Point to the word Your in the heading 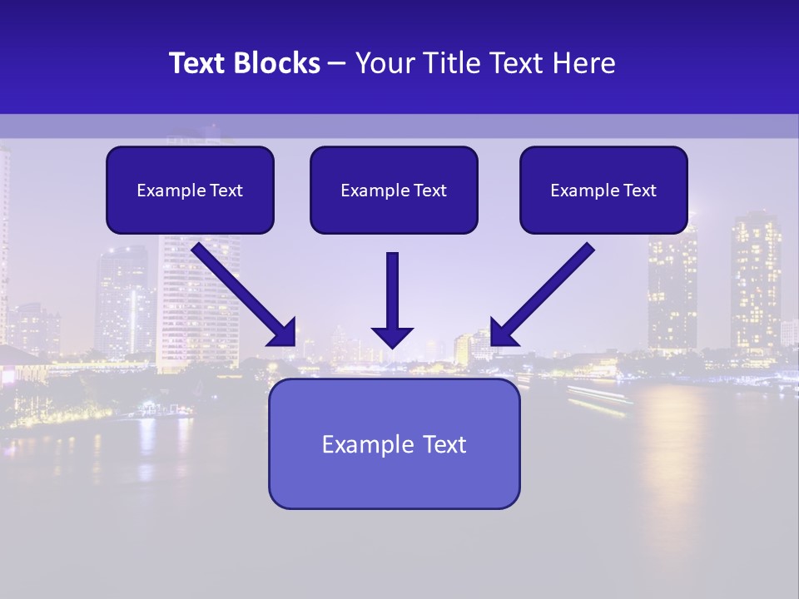point(382,63)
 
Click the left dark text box point(190,190)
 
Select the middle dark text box point(394,190)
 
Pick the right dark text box point(603,190)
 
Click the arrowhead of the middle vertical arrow point(392,336)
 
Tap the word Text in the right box point(640,191)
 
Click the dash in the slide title point(337,63)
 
